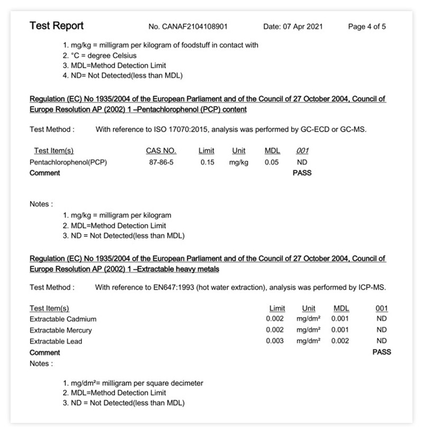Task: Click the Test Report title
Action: (57, 26)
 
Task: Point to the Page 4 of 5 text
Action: (367, 27)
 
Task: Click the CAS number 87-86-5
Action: (161, 162)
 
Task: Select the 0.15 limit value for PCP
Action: (207, 162)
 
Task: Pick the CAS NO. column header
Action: (161, 151)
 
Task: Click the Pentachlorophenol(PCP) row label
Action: (68, 162)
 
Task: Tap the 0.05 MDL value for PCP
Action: (272, 162)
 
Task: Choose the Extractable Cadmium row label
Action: (63, 319)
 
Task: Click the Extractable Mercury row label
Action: (61, 330)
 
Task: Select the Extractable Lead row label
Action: (56, 341)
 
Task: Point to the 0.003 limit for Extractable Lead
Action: (275, 341)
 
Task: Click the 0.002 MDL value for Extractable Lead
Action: (340, 341)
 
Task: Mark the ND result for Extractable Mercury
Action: (381, 330)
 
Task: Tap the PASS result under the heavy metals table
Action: (382, 352)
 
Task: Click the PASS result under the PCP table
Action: (302, 173)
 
